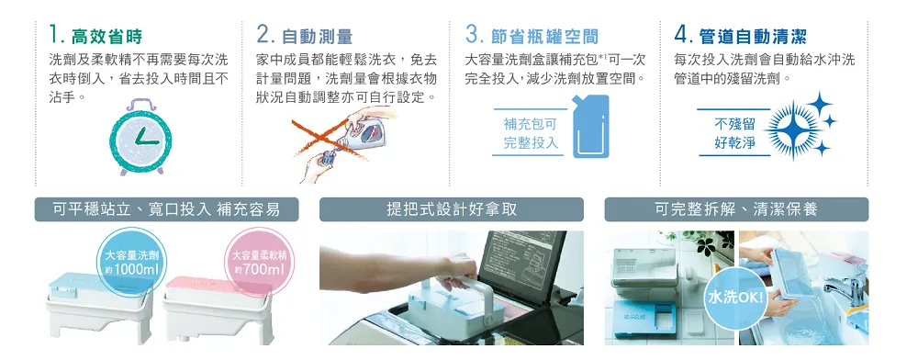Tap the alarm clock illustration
(x=140, y=137)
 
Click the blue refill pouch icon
(x=590, y=126)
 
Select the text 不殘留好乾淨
(x=734, y=133)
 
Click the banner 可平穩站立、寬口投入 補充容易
(x=166, y=209)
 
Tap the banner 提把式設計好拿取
(x=452, y=209)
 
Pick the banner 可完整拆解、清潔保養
(x=736, y=209)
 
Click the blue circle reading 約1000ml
(x=132, y=263)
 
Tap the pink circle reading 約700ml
(x=259, y=263)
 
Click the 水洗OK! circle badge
(x=735, y=298)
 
